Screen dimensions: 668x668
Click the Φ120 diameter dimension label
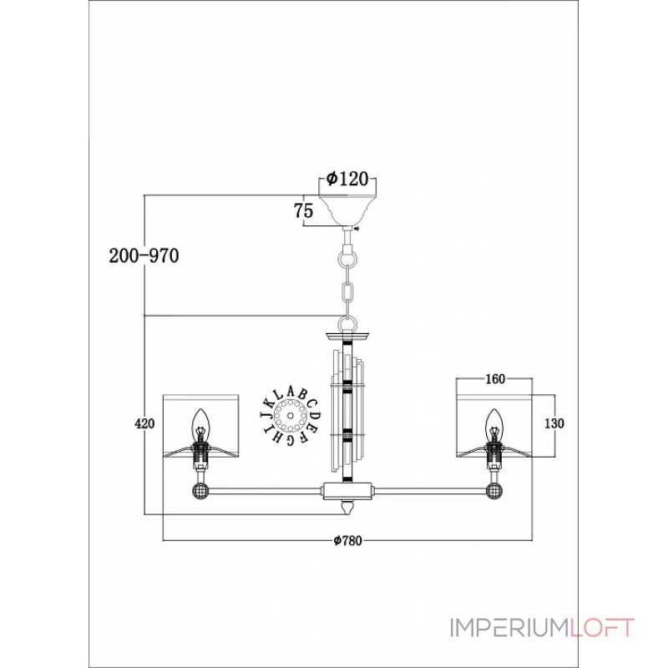click(x=347, y=179)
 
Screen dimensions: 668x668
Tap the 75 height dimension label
click(x=303, y=211)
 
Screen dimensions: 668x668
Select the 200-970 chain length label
click(x=144, y=256)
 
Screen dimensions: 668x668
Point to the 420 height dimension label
click(x=144, y=424)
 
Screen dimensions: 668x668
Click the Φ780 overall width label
click(x=347, y=540)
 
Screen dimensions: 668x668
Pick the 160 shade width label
click(x=495, y=379)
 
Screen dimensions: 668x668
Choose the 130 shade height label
click(x=554, y=423)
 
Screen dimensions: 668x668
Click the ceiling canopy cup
click(x=347, y=210)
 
